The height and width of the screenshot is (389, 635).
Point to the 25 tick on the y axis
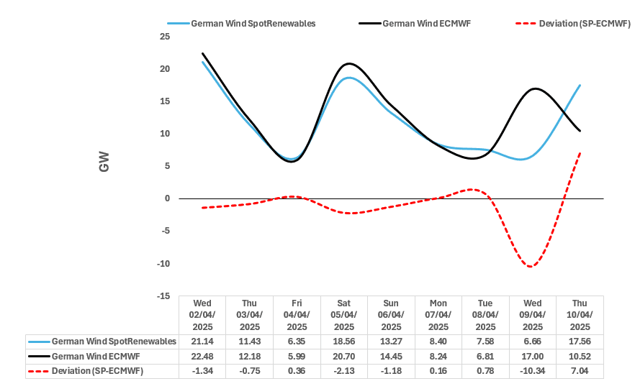coord(165,37)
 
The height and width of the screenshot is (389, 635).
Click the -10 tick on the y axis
coord(163,263)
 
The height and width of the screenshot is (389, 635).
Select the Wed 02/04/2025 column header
coord(202,315)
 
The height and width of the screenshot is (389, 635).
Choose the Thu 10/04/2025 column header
coord(580,315)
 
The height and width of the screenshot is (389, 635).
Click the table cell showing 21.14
coord(202,342)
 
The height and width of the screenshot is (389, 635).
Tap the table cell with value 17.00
coord(532,356)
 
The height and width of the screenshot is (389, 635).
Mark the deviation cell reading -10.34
coord(532,371)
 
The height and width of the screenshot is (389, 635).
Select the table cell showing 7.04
coord(580,371)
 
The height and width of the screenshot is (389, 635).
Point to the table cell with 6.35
coord(297,342)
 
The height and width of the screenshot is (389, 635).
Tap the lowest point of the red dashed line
coord(531,267)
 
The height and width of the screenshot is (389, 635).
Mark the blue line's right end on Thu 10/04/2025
coord(580,85)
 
